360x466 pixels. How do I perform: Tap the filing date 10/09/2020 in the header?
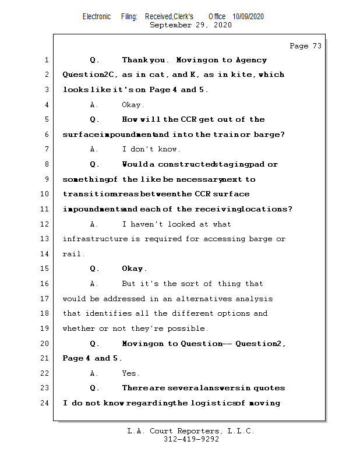(248, 17)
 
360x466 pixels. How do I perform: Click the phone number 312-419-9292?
(191, 440)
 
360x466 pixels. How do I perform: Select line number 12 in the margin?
(45, 224)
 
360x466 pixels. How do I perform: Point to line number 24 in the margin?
(45, 403)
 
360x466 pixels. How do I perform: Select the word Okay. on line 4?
(133, 105)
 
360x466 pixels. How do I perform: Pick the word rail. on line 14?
(73, 254)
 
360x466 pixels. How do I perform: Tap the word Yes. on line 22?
(129, 373)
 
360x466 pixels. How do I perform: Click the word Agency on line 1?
(252, 60)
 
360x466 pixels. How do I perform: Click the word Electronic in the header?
(97, 17)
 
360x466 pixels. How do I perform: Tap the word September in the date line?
(170, 25)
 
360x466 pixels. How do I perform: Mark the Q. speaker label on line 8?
(95, 164)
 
